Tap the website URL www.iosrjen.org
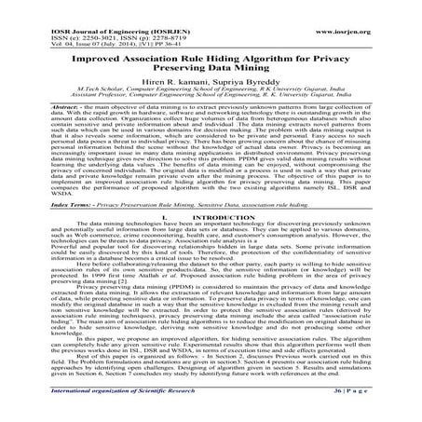(373, 8)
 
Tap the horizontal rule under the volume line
(211, 29)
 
